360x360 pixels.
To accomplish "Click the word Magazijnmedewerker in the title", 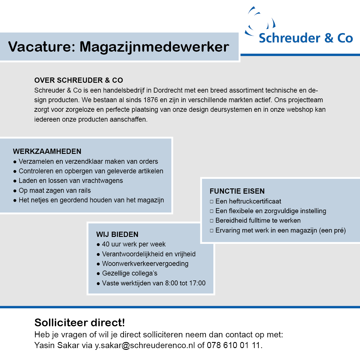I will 154,47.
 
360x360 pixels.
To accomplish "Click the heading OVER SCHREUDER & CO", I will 78,80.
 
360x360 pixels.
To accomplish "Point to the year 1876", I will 151,100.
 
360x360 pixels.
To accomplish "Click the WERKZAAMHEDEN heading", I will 47,151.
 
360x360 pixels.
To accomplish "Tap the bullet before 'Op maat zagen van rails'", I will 15,191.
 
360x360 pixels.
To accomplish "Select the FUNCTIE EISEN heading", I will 237,191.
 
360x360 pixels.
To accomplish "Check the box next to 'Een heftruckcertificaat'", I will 212,201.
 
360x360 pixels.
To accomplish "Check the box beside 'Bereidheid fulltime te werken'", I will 212,221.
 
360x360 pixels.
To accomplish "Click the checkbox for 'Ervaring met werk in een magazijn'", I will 212,231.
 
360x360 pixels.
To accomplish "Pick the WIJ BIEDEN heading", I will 117,234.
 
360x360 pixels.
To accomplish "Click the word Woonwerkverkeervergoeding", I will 145,264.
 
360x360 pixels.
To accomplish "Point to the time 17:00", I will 197,283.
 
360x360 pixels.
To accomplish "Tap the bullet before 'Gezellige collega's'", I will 98,273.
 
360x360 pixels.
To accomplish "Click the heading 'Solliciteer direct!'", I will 80,323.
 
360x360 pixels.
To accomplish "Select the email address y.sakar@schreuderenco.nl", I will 145,345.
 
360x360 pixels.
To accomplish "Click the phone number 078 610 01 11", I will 233,345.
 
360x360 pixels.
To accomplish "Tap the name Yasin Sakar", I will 57,345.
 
